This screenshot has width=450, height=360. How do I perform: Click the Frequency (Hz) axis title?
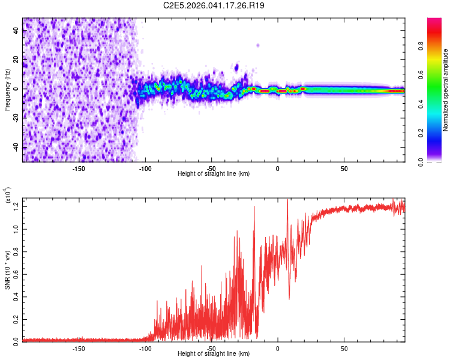(x=7, y=89)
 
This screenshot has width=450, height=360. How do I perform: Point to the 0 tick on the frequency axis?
(x=16, y=89)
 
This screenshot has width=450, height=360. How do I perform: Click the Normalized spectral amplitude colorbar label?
(x=446, y=89)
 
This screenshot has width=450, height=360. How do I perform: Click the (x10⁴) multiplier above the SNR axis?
(x=8, y=196)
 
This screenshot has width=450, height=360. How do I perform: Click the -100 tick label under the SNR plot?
(x=145, y=348)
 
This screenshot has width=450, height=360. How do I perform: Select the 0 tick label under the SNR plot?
(x=278, y=348)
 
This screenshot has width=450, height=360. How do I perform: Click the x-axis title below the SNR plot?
(x=214, y=354)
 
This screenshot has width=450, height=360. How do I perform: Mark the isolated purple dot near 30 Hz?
(x=258, y=45)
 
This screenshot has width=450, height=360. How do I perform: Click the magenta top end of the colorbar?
(x=434, y=21)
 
